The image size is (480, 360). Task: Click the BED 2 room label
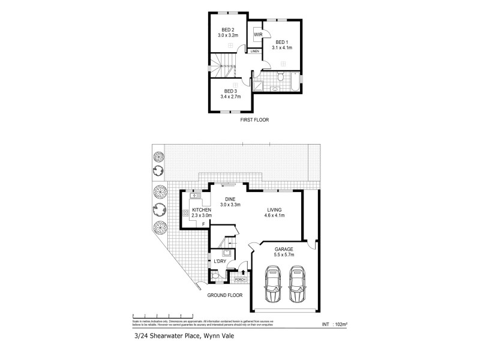coord(227,30)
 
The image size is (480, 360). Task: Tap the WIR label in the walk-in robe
coord(258,35)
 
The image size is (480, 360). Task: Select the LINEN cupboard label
coord(256,52)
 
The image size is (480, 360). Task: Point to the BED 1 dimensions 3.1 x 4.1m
coord(282,47)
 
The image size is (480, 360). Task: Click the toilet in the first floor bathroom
coord(281,76)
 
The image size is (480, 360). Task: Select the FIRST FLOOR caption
coord(254,120)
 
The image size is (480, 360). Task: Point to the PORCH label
coord(240,279)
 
